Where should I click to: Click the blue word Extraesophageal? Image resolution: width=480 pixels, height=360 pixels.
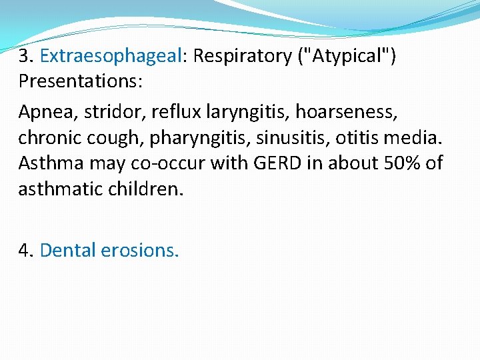click(111, 56)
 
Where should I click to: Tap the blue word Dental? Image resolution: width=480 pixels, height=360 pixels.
click(68, 250)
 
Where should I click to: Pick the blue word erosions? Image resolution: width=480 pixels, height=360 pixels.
click(140, 250)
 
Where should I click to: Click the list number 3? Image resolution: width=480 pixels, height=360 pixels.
click(25, 56)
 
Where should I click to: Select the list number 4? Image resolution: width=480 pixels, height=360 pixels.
click(25, 250)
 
